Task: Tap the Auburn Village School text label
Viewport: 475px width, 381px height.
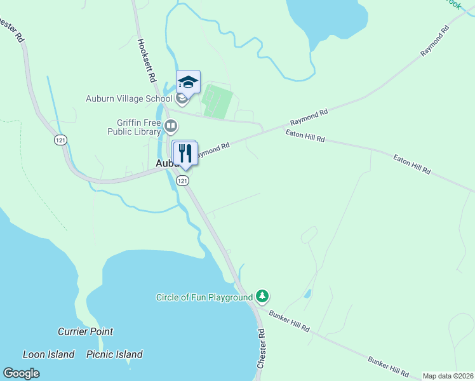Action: pyautogui.click(x=129, y=98)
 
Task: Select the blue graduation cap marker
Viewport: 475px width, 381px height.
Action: pyautogui.click(x=188, y=82)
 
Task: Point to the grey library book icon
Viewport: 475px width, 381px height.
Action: pyautogui.click(x=170, y=126)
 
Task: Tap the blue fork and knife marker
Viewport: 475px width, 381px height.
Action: pyautogui.click(x=185, y=153)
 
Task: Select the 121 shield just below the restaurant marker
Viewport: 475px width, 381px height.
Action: pyautogui.click(x=183, y=181)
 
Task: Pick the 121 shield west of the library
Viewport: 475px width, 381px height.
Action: pyautogui.click(x=60, y=140)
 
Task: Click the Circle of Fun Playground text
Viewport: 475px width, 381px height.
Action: pyautogui.click(x=204, y=297)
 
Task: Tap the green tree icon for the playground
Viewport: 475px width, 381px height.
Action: pyautogui.click(x=262, y=296)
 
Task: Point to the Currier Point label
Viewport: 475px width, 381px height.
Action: pyautogui.click(x=85, y=331)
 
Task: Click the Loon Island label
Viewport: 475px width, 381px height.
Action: pyautogui.click(x=48, y=354)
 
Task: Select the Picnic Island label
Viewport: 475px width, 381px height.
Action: pyautogui.click(x=114, y=354)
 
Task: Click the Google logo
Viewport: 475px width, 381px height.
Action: pyautogui.click(x=21, y=373)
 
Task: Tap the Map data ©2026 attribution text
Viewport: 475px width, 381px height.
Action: pyautogui.click(x=447, y=376)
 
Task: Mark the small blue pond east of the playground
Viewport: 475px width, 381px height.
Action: pyautogui.click(x=308, y=294)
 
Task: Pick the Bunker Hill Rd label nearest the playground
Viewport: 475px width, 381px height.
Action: pyautogui.click(x=289, y=321)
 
